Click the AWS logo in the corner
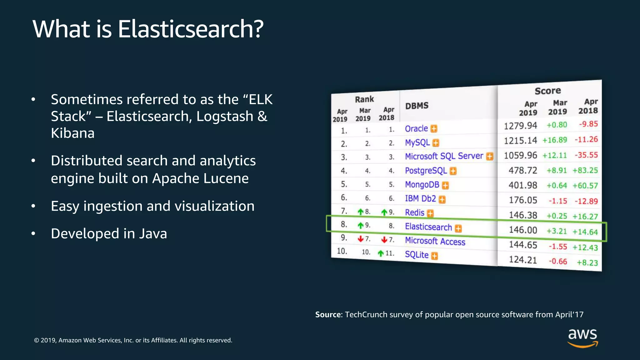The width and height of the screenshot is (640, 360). pos(582,337)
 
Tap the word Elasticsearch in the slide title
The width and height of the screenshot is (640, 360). pos(191,29)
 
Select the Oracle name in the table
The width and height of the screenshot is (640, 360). pos(416,128)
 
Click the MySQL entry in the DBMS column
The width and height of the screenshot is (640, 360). pos(417,142)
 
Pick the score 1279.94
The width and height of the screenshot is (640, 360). pos(520,126)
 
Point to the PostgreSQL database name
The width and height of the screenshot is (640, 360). pos(426,170)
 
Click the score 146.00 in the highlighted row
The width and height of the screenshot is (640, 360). pos(523,230)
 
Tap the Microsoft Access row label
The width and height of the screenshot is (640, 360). pos(435,241)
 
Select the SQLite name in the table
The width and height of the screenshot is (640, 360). pos(417,254)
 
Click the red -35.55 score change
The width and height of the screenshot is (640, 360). pos(586,155)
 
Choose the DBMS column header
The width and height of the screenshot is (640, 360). pos(417,106)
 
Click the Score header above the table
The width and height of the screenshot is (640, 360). pos(547,91)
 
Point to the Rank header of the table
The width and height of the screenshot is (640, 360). pos(364,99)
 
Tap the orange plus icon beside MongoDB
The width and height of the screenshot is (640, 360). pos(445,185)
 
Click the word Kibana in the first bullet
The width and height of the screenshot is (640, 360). pos(72,133)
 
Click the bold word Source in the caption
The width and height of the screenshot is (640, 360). pos(328,314)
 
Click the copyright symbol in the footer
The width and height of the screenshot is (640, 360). pos(37,340)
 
